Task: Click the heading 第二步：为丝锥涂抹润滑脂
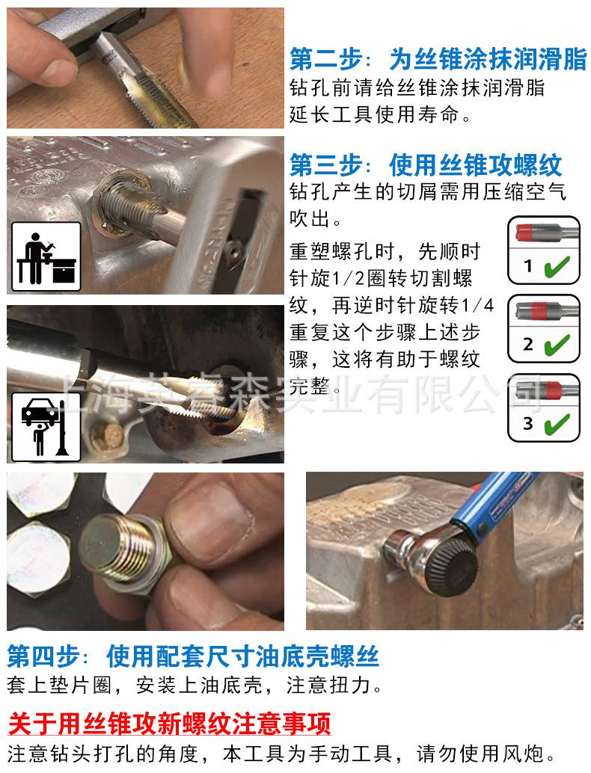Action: tap(438, 59)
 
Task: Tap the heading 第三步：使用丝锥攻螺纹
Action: tap(426, 164)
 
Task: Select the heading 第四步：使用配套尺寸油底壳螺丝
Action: tap(193, 656)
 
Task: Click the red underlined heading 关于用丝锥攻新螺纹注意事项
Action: tap(169, 724)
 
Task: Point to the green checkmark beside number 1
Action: tap(557, 267)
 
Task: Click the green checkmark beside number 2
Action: tap(557, 345)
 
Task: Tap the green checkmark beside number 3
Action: tap(557, 424)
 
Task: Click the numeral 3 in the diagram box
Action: tap(528, 424)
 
